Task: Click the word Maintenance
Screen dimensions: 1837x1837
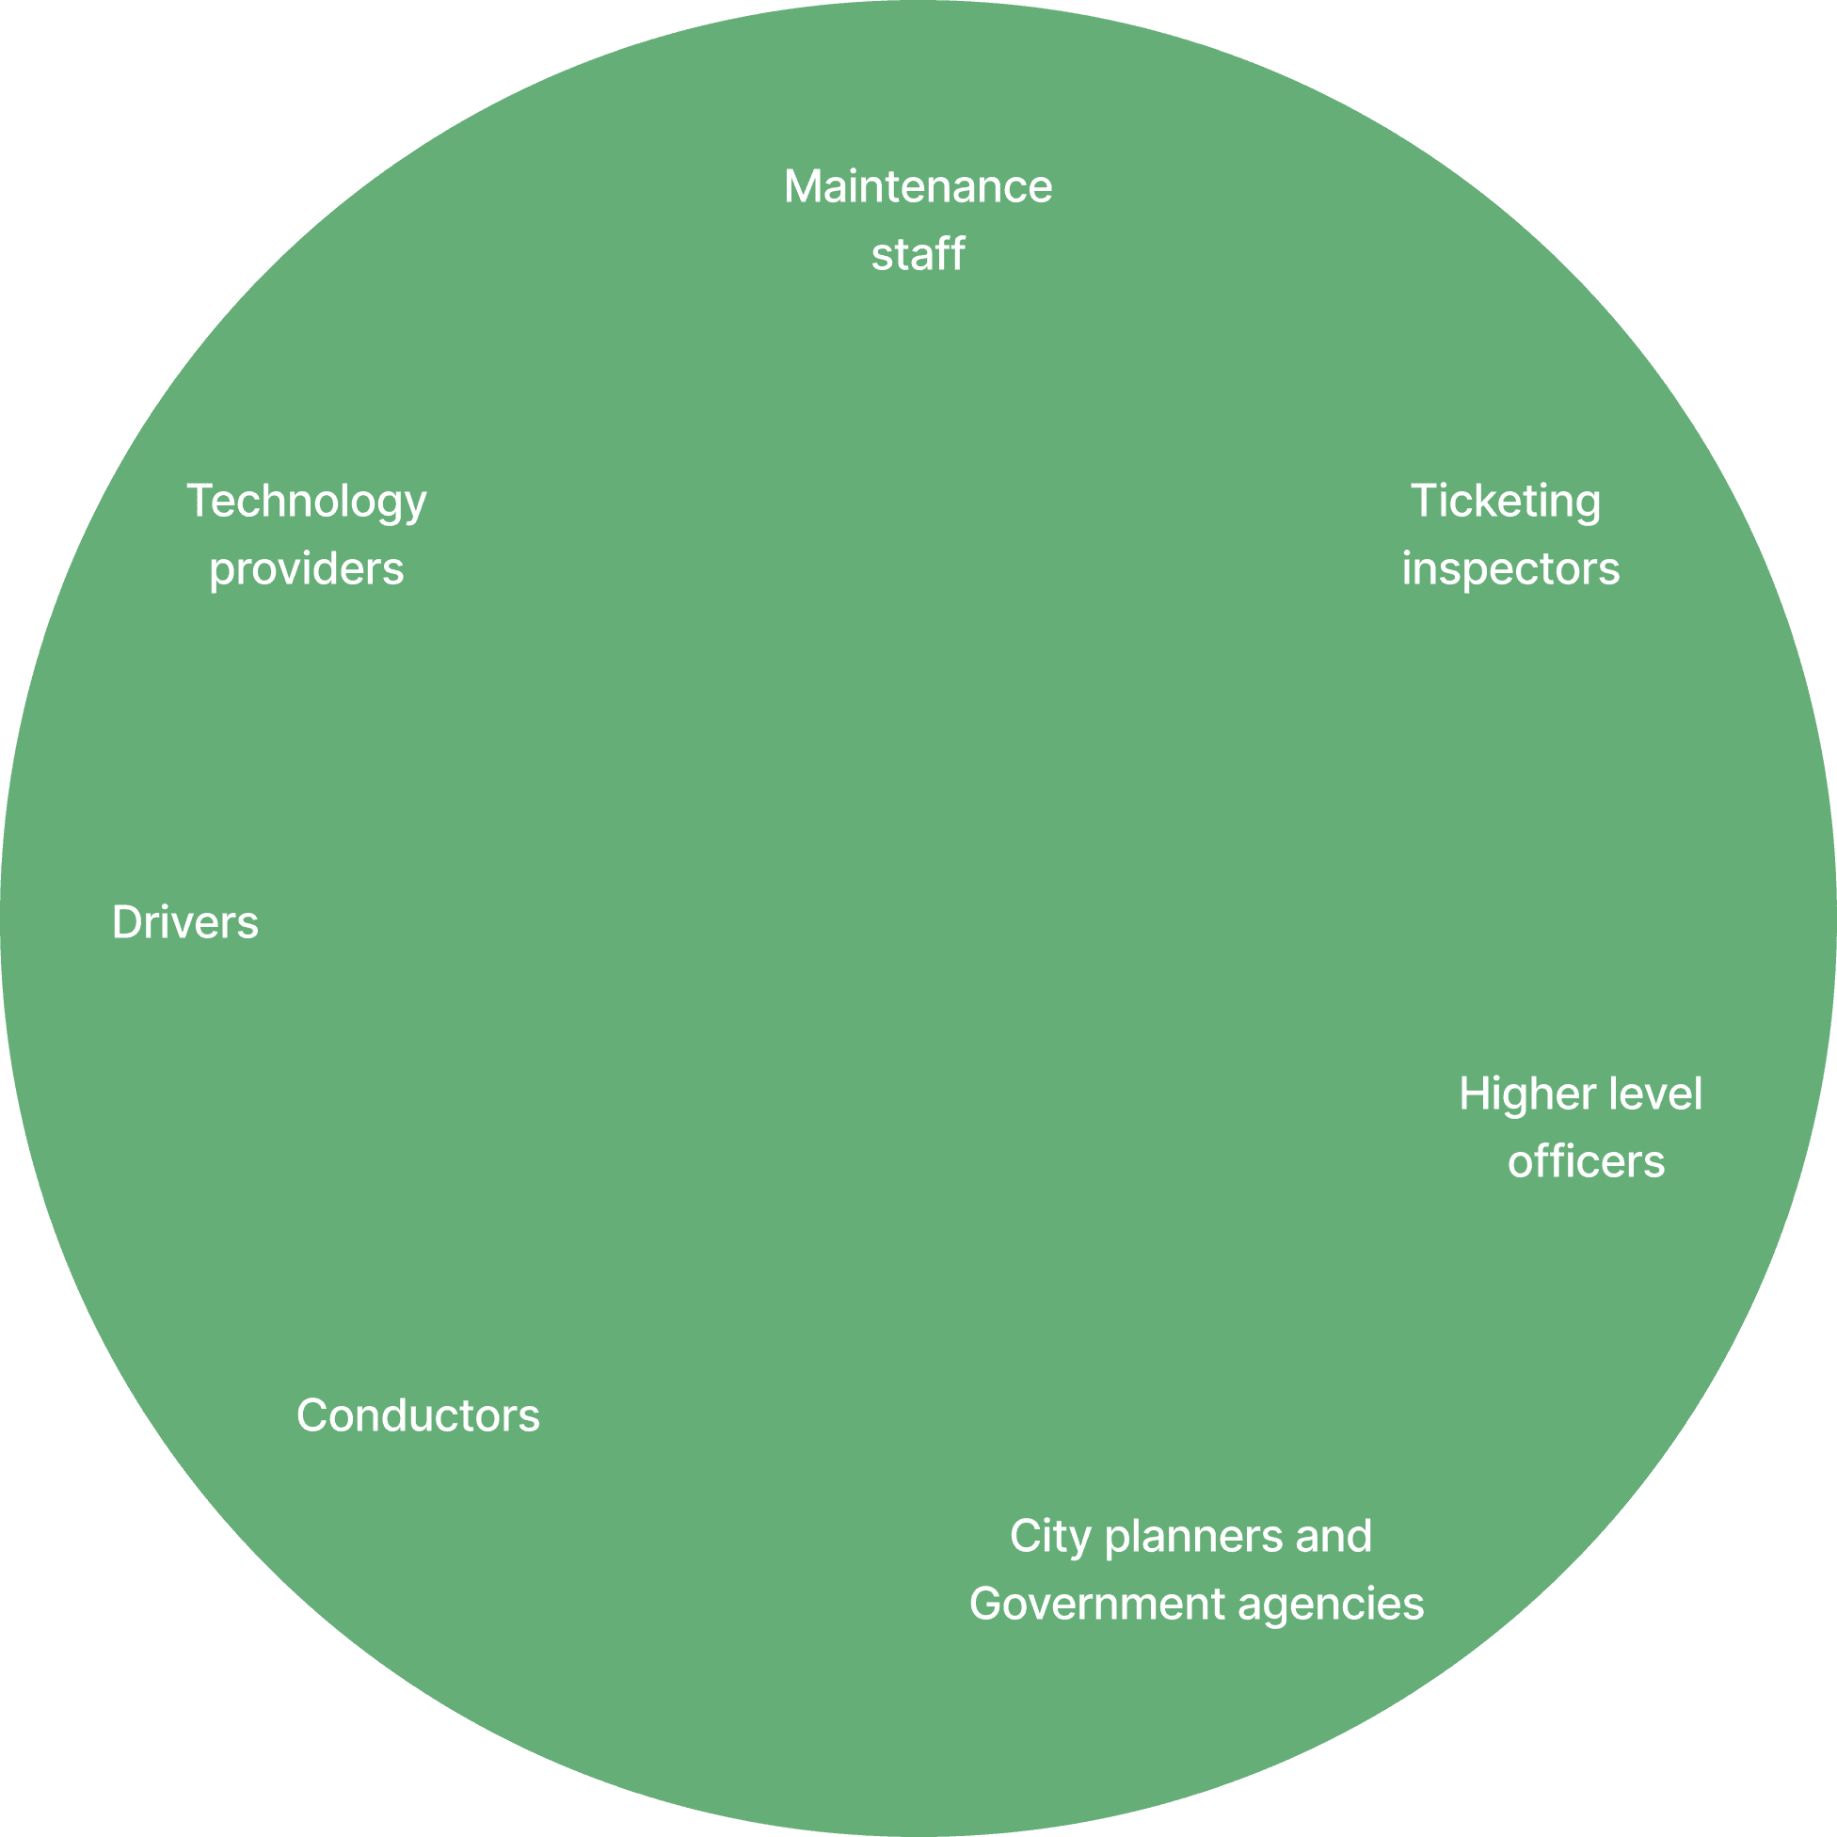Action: coord(918,186)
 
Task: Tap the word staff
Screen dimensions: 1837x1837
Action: coord(918,254)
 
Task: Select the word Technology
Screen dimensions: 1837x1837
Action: coord(306,501)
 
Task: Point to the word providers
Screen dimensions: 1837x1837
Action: coord(306,568)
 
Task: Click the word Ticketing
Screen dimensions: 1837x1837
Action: coord(1505,501)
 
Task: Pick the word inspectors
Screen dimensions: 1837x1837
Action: coord(1510,568)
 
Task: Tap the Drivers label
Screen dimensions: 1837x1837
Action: coord(185,922)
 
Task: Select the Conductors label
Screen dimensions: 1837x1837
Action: coord(419,1414)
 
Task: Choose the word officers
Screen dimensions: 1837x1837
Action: coord(1586,1162)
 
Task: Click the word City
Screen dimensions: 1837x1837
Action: coord(1049,1537)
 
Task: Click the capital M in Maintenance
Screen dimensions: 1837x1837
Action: coord(802,186)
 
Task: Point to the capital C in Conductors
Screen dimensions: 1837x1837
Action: coord(312,1414)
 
